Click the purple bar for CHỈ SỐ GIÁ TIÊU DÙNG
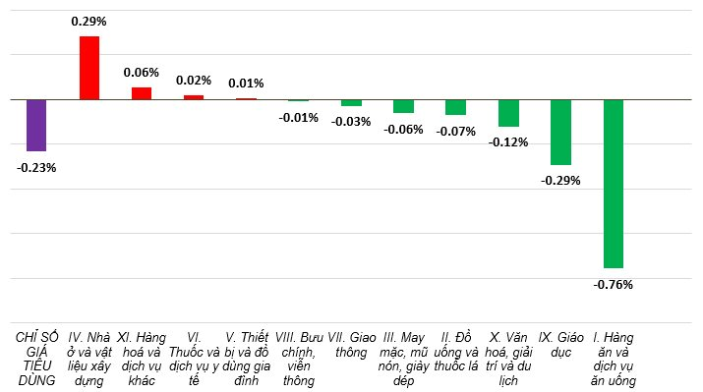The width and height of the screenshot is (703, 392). click(36, 125)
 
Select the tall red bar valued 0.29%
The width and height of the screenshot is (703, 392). click(89, 68)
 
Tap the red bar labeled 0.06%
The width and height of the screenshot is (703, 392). click(142, 93)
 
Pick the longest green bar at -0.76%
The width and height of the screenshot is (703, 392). click(614, 184)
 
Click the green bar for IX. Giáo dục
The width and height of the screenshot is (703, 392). click(560, 132)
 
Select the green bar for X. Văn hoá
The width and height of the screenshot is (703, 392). click(508, 113)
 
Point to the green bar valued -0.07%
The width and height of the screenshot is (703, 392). click(455, 107)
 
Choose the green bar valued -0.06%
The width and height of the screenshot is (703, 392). click(403, 106)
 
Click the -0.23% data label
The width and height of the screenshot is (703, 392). click(36, 167)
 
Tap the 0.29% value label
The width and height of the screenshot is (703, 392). click(89, 20)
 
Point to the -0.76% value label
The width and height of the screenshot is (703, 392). click(614, 285)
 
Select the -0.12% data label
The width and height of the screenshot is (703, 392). click(508, 142)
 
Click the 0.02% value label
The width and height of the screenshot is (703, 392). click(194, 80)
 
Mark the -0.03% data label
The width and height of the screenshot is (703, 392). click(351, 122)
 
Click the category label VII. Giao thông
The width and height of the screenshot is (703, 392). click(351, 345)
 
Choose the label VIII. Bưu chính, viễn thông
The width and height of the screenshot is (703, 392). click(299, 359)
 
